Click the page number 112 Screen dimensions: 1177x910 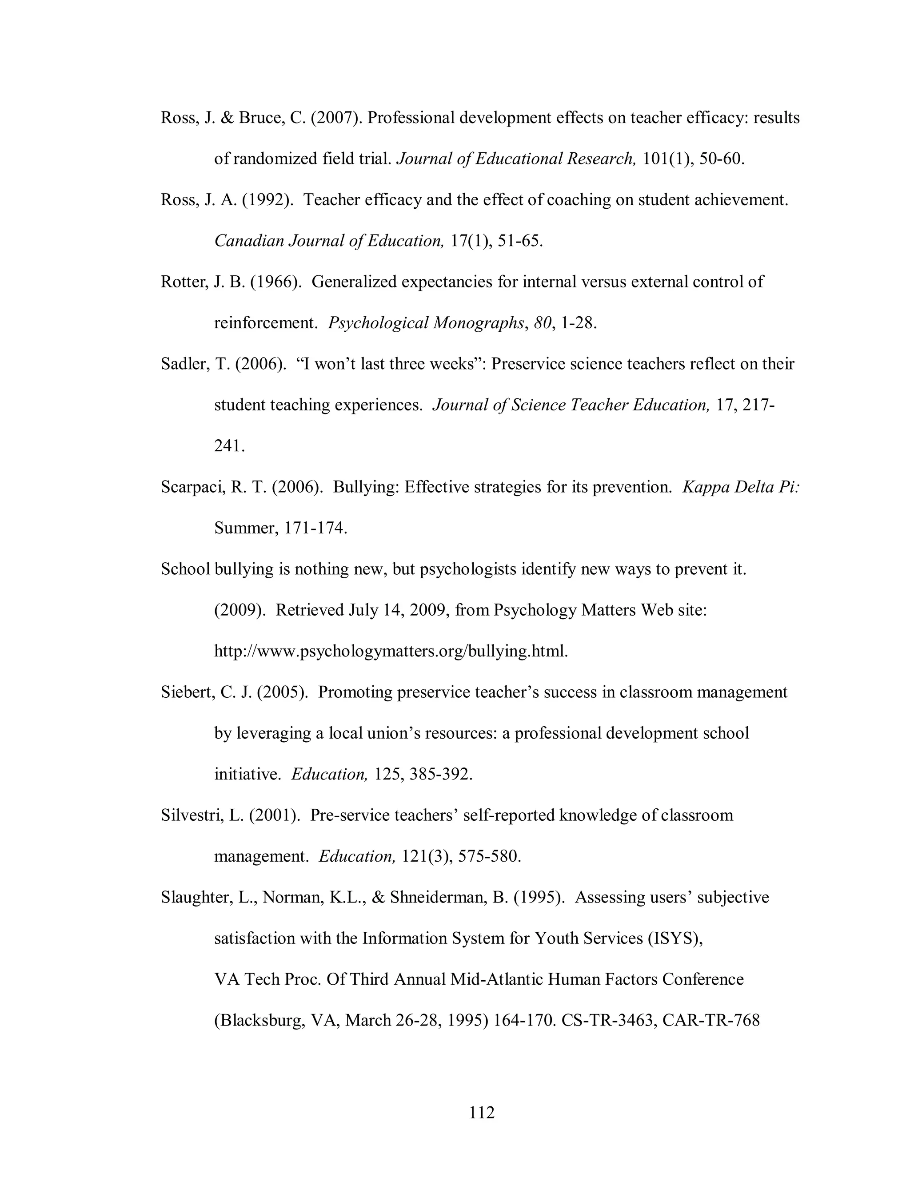(481, 1112)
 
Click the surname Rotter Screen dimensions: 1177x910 (184, 282)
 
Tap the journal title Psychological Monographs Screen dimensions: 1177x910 (426, 323)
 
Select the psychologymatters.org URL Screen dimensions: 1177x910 (391, 652)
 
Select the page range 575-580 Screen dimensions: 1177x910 (489, 857)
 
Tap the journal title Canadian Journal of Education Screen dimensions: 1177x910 (329, 241)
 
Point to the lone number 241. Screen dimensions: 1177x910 (229, 446)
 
